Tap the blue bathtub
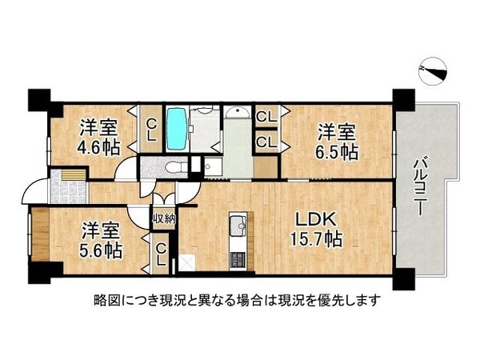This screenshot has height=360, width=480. click(x=177, y=127)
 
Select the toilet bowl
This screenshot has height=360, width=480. click(x=174, y=166)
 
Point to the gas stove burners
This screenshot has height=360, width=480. click(x=237, y=258)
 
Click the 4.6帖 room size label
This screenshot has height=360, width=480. click(x=100, y=146)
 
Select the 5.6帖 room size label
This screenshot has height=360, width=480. click(x=102, y=250)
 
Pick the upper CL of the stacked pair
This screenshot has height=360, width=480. click(x=266, y=118)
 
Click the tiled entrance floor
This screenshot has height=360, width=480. click(x=66, y=192)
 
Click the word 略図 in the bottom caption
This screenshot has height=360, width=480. click(x=106, y=301)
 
